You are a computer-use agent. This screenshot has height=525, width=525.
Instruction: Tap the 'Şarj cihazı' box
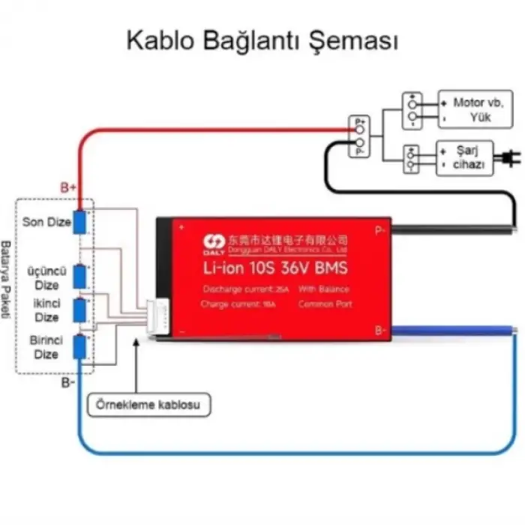coord(465,158)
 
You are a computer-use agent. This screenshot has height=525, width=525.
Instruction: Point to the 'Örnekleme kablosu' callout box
coord(149,405)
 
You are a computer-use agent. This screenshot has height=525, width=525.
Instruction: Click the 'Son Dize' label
coord(46,222)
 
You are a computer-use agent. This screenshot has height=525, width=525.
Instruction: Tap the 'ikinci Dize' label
coord(46,309)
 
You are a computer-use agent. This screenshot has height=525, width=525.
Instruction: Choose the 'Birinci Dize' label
coord(46,346)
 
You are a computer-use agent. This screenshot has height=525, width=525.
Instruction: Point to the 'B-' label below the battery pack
coord(68,382)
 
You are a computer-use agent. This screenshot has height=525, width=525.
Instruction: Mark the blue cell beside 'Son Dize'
coord(79,222)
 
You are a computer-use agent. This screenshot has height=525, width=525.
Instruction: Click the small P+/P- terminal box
coord(359,135)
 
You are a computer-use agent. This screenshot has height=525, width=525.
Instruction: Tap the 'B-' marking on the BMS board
coord(380,330)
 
